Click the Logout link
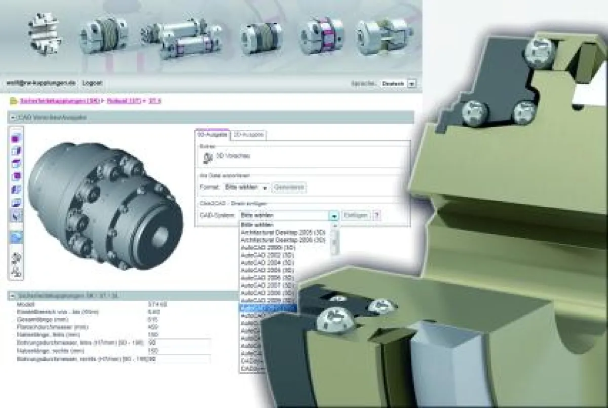pos(92,83)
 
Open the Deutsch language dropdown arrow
pos(411,84)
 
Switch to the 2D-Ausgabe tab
pos(248,135)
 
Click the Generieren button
pos(290,188)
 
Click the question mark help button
pos(376,215)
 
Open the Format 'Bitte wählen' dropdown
pos(246,188)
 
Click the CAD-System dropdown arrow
pos(334,216)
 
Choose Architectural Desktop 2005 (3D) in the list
pos(283,232)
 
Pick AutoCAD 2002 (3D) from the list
pos(268,255)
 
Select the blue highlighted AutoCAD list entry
pos(268,308)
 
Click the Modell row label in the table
pos(26,304)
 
